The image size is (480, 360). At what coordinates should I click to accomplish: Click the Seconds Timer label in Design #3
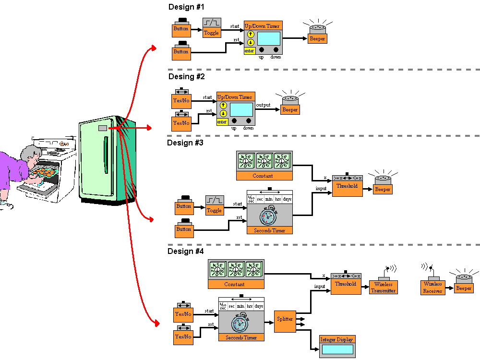(x=269, y=230)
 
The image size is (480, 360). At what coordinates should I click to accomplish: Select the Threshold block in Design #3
(x=347, y=185)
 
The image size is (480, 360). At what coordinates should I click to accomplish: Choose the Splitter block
(x=285, y=319)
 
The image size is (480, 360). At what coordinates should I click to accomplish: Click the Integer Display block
(x=337, y=346)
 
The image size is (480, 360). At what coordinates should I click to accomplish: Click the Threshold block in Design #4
(x=346, y=283)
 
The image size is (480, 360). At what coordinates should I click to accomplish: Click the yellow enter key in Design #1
(x=249, y=50)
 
